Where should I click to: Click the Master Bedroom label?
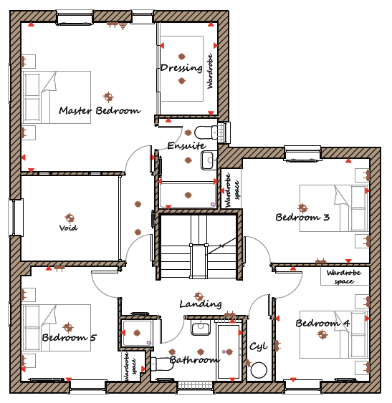100,111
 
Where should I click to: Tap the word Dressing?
181,68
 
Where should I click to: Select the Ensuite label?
186,146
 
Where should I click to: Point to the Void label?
69,228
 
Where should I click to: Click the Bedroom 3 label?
302,218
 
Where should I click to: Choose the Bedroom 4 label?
322,323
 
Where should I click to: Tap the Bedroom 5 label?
69,337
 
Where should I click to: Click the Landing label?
201,304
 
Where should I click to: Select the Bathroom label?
195,360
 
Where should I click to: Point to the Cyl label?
259,346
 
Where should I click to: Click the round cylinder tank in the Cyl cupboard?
259,370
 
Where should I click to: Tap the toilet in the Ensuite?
206,132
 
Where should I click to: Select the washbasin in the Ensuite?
207,160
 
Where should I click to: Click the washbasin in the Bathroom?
201,328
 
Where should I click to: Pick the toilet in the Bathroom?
163,364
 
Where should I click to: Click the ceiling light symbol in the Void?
70,218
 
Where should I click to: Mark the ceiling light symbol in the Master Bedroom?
108,97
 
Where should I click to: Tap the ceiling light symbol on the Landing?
199,296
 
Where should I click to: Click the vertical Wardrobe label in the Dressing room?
210,71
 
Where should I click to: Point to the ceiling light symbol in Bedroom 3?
302,207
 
